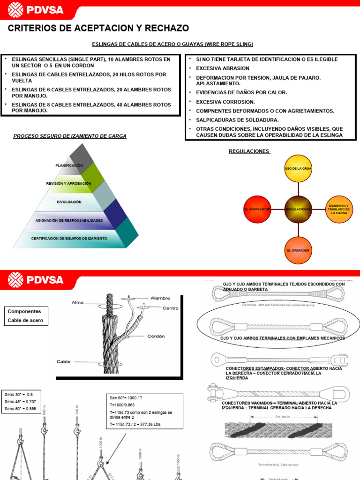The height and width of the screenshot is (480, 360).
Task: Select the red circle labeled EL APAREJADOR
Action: [257, 209]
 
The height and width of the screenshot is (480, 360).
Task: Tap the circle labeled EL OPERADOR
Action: [298, 250]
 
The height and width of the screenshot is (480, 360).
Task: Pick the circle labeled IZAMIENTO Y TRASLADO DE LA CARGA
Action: [339, 209]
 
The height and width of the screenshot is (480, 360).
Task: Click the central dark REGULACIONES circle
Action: [298, 209]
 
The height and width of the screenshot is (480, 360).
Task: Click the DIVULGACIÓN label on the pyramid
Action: [69, 202]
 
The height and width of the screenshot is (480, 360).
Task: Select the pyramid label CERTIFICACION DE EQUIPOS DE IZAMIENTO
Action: [69, 239]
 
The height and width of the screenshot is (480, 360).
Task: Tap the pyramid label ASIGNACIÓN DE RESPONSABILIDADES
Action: [69, 220]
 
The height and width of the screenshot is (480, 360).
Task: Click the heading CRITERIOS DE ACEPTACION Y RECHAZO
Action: [98, 29]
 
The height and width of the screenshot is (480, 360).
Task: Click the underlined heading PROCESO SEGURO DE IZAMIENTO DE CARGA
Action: [70, 136]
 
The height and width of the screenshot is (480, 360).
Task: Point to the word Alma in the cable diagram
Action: [77, 303]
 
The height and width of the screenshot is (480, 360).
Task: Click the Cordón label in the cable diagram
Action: [156, 336]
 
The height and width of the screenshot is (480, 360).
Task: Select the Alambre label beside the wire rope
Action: [160, 298]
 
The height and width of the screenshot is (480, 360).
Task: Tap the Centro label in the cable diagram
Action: [171, 308]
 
